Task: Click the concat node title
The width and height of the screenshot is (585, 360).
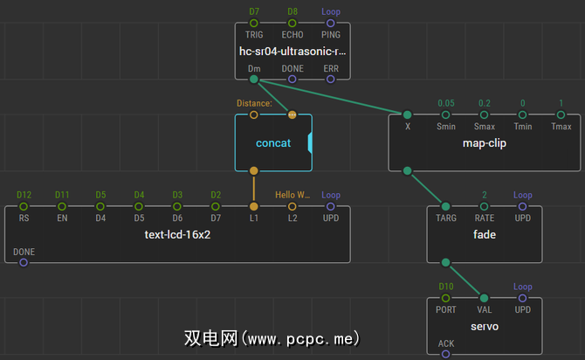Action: [x=272, y=142]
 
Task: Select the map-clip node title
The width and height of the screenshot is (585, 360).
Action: [x=485, y=142]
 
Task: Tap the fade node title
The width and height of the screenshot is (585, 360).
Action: [x=485, y=234]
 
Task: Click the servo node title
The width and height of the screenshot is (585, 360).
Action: [x=485, y=326]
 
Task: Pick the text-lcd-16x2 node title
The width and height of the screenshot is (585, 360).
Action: [x=178, y=234]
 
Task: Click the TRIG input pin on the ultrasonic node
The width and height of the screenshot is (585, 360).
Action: [x=254, y=23]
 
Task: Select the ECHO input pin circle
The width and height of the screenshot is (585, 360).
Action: [x=292, y=23]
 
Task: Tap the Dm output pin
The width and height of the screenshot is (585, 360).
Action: [x=254, y=80]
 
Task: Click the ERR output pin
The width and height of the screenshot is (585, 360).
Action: [x=331, y=80]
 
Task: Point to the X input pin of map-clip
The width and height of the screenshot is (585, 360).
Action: [x=407, y=114]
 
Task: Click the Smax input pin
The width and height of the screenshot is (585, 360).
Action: [x=485, y=114]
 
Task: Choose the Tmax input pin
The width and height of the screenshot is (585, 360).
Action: [x=561, y=114]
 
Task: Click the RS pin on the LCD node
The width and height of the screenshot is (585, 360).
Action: [x=24, y=206]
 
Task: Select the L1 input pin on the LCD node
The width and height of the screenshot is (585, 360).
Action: [x=254, y=206]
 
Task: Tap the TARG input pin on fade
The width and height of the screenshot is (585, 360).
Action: [x=446, y=206]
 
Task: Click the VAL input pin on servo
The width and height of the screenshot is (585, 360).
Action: [x=485, y=298]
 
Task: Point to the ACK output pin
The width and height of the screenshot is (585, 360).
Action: [x=446, y=354]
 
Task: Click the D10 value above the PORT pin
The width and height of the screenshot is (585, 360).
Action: [x=446, y=287]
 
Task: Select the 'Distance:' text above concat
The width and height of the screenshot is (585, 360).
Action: [x=254, y=103]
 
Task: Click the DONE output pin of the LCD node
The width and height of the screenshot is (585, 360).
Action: [x=24, y=262]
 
